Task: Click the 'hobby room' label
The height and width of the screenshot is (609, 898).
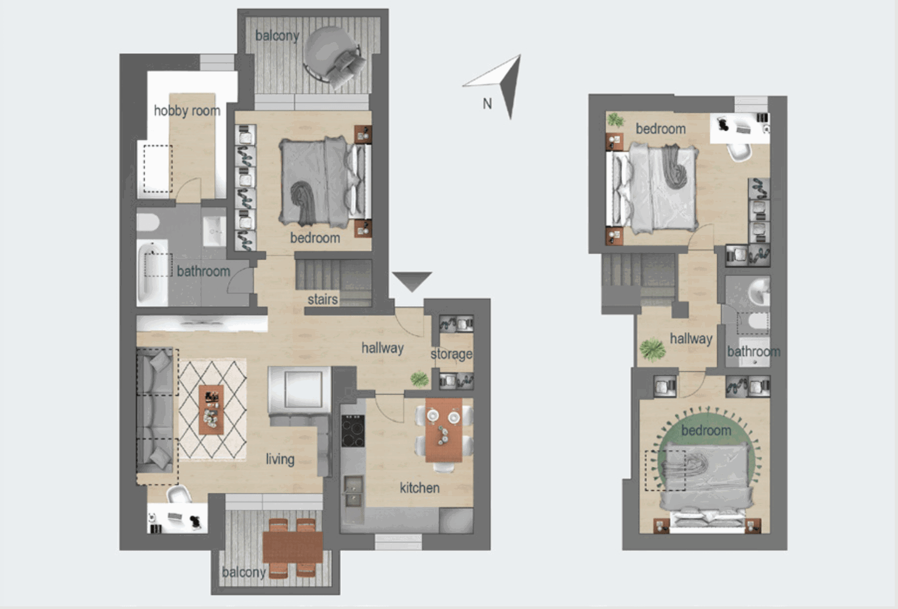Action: point(187,110)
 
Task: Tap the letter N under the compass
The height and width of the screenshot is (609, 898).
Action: point(487,104)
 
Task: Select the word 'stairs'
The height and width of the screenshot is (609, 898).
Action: point(323,299)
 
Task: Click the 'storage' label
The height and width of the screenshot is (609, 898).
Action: point(451,354)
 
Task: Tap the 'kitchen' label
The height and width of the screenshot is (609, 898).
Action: point(420,488)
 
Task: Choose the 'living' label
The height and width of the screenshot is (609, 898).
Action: point(280,459)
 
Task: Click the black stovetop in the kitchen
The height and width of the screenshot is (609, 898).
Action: point(353,431)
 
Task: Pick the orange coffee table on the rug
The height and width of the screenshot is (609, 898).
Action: point(211,410)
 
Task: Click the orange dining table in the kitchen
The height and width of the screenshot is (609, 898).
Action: point(444,430)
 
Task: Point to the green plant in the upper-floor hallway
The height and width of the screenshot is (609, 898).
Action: point(652,349)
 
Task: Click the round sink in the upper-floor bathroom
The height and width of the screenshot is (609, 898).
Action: point(759,293)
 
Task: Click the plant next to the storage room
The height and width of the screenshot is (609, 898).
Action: point(420,379)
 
